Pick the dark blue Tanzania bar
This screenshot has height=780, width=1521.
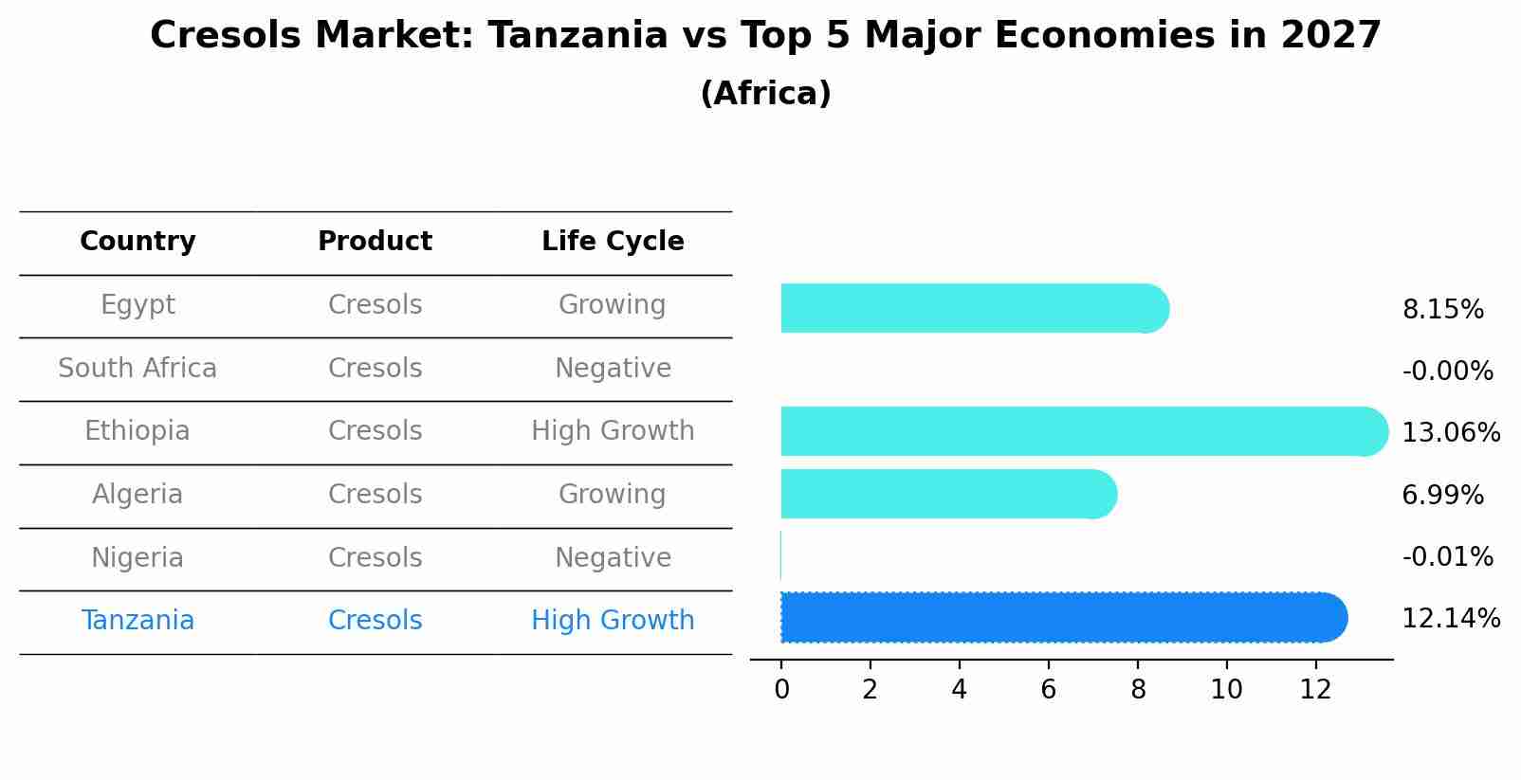pos(1063,617)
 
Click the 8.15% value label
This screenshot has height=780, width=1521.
pos(1442,310)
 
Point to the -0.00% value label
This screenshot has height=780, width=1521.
pos(1447,372)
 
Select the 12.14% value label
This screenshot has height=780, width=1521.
pos(1450,619)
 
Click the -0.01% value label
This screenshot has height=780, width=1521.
pos(1447,557)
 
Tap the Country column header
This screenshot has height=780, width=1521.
pos(137,242)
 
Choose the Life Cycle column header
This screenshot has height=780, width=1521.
pos(613,242)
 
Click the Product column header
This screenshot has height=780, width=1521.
pos(375,242)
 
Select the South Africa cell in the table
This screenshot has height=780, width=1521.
pos(137,369)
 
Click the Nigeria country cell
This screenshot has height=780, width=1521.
pos(137,558)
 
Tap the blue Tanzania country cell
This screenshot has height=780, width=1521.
pos(137,621)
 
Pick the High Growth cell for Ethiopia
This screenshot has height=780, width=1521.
pos(613,431)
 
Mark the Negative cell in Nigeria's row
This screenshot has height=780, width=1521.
pos(613,558)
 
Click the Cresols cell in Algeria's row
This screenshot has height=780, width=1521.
pos(375,495)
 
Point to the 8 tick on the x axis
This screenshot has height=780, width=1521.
pos(1138,690)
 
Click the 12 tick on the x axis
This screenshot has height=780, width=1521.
pos(1315,690)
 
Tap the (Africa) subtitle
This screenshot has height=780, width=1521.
pos(765,94)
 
